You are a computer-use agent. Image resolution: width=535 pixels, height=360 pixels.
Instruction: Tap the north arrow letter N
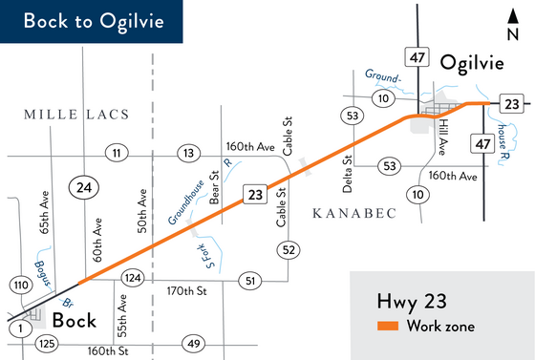(x=511, y=35)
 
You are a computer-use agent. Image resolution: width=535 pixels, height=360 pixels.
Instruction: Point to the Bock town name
(x=75, y=320)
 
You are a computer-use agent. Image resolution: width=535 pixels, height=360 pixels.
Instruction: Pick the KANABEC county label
(x=354, y=213)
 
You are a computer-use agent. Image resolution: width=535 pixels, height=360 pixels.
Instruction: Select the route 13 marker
(x=189, y=153)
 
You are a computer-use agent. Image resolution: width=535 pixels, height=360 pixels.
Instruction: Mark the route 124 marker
(x=132, y=277)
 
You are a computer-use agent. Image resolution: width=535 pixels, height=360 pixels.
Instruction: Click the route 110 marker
(x=21, y=286)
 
